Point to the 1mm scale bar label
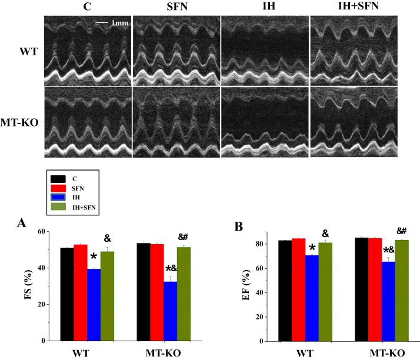[x=119, y=24]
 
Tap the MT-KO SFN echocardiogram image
[x=176, y=122]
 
